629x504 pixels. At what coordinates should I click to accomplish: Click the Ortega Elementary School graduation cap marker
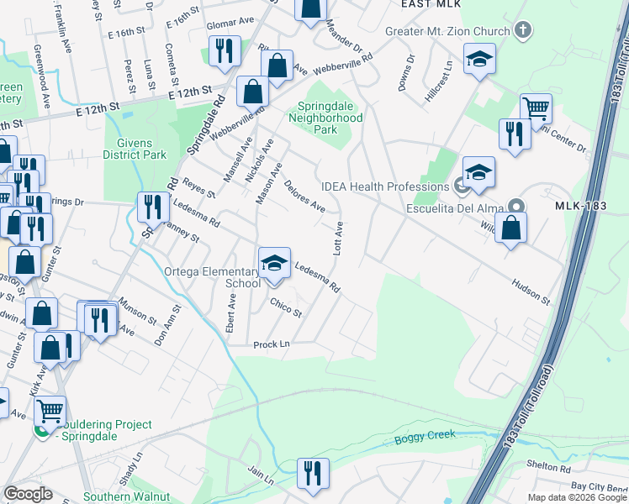(x=274, y=264)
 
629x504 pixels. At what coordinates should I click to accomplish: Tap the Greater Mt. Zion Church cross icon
(x=523, y=32)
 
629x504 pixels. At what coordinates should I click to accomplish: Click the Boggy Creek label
(x=425, y=435)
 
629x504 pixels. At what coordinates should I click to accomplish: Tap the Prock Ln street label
(x=272, y=344)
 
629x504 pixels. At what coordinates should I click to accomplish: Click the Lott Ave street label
(x=339, y=239)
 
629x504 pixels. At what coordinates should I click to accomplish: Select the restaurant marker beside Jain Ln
(x=313, y=473)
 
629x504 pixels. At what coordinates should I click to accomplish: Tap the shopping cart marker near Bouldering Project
(x=50, y=411)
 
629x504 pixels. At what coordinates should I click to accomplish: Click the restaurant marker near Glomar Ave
(x=225, y=50)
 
